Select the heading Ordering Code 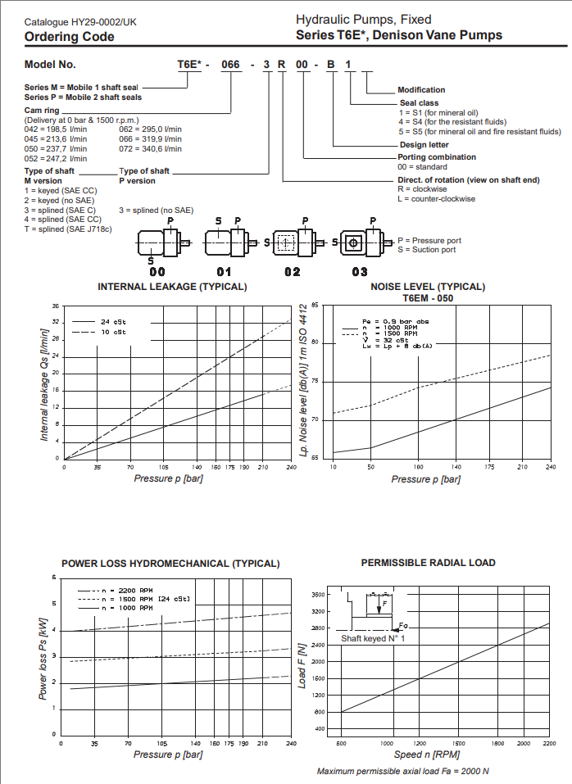(69, 36)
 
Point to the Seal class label (418, 102)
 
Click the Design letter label (423, 145)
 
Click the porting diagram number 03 (360, 270)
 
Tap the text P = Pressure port (429, 241)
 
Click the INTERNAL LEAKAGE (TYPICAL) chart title (172, 287)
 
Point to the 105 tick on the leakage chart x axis (164, 467)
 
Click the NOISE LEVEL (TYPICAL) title (428, 287)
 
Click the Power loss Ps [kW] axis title (43, 658)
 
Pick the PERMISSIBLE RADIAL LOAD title (428, 563)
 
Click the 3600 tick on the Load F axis (320, 595)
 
